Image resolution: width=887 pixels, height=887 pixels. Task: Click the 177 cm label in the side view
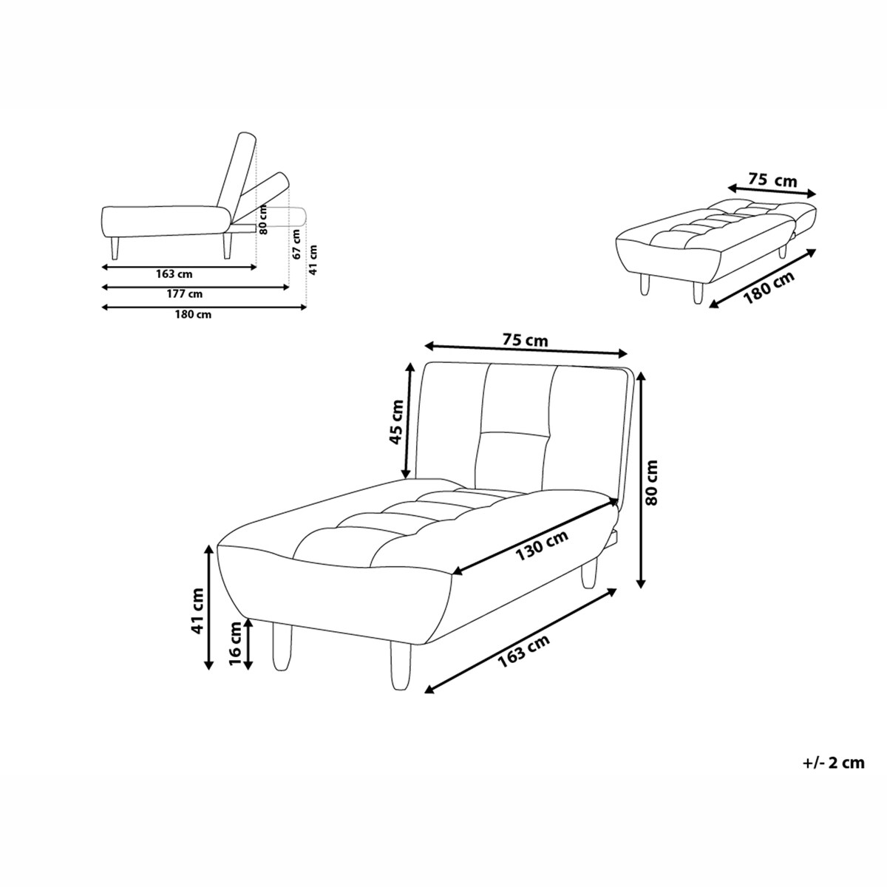(x=184, y=294)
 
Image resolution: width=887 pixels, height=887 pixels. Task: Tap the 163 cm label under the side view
(x=174, y=274)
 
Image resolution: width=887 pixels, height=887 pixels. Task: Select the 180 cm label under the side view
(x=193, y=315)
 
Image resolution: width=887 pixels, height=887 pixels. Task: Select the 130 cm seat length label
(x=541, y=546)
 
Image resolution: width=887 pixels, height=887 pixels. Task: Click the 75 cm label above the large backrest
(x=525, y=340)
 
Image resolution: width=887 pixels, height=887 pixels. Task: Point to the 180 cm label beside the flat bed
(x=769, y=288)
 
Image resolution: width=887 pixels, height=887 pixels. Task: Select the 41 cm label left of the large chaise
(x=197, y=612)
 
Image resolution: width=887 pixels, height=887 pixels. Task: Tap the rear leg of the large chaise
(x=589, y=573)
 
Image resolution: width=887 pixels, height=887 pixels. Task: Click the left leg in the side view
(x=115, y=248)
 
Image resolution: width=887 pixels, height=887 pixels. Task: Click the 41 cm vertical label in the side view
(x=313, y=260)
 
